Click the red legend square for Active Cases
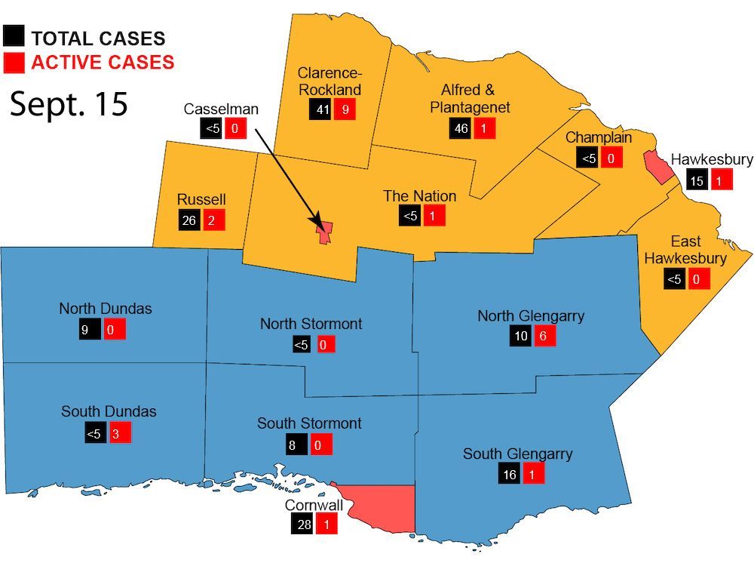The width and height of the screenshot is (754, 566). [x=14, y=62]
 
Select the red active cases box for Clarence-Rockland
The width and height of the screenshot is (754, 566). [x=345, y=109]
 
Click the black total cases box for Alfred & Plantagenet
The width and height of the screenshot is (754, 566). [x=461, y=128]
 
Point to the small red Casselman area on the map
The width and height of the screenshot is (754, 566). [x=325, y=233]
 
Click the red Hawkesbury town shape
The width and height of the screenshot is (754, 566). [x=657, y=167]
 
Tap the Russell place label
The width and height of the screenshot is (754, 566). [x=201, y=199]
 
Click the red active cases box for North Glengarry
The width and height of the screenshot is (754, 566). [x=544, y=336]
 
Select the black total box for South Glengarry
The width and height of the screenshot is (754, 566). [x=508, y=474]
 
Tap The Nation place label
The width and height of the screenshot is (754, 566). [x=419, y=196]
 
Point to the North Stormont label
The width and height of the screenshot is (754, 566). [x=311, y=324]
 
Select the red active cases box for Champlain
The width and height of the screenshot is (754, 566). [x=611, y=158]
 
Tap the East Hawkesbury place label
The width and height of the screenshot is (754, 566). [x=685, y=250]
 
